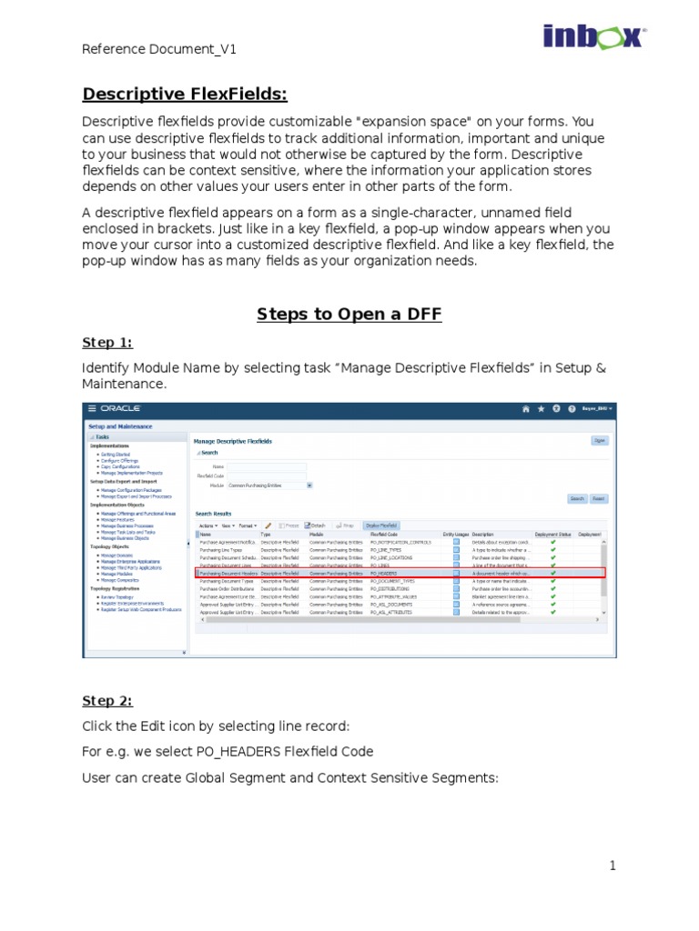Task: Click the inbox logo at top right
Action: (x=594, y=37)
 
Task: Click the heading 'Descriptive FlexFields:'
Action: (x=185, y=95)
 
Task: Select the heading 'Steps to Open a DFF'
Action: (x=349, y=314)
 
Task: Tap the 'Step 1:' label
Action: (x=107, y=342)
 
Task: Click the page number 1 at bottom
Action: (x=613, y=866)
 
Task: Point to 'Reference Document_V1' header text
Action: (x=159, y=49)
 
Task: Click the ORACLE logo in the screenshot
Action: (x=118, y=409)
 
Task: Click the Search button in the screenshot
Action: (x=577, y=498)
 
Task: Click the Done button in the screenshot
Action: (x=599, y=440)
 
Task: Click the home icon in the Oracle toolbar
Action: (x=525, y=409)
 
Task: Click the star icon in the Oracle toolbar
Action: (x=541, y=409)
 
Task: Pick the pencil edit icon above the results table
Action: (x=268, y=525)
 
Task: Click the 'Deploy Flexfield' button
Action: (x=380, y=525)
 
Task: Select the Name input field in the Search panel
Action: (x=266, y=466)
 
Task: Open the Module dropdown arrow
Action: (x=309, y=486)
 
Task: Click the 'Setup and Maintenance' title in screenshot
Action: (x=120, y=425)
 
